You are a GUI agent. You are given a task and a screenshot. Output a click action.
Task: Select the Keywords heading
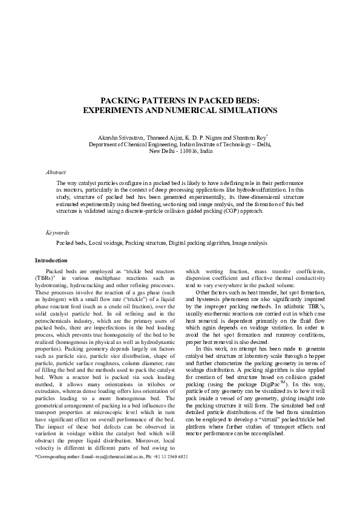[x=57, y=232]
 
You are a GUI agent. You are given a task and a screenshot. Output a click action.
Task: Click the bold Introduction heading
[x=51, y=261]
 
